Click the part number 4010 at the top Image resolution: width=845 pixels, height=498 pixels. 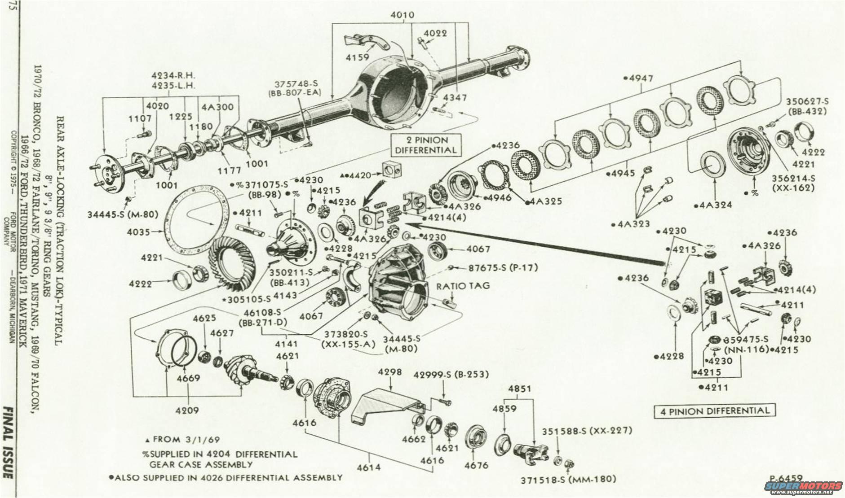pos(403,15)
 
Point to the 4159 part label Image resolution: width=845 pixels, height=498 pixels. pos(358,57)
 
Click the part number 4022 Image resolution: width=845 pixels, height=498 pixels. pos(435,33)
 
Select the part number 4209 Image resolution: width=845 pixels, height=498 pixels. pos(187,410)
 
